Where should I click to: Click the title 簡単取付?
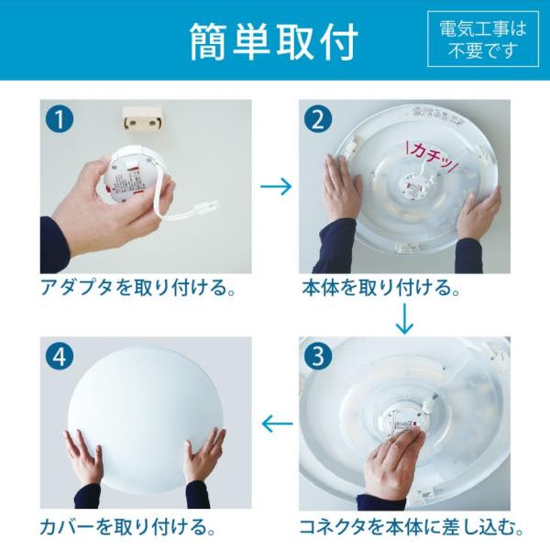click(x=274, y=42)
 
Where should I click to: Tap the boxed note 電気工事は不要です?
click(x=483, y=38)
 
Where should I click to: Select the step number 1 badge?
click(x=60, y=119)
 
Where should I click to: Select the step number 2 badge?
click(x=318, y=119)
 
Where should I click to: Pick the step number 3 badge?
click(x=318, y=356)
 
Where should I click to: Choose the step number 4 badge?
click(x=60, y=356)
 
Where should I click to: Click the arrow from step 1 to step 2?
click(x=276, y=186)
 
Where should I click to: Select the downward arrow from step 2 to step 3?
click(x=404, y=318)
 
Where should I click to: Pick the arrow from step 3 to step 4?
click(x=277, y=423)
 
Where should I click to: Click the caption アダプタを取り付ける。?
click(x=137, y=288)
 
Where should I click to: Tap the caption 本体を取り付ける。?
click(x=380, y=288)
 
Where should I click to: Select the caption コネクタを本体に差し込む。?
click(x=411, y=527)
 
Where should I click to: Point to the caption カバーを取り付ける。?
click(x=127, y=527)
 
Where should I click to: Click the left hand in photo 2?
click(x=341, y=190)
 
